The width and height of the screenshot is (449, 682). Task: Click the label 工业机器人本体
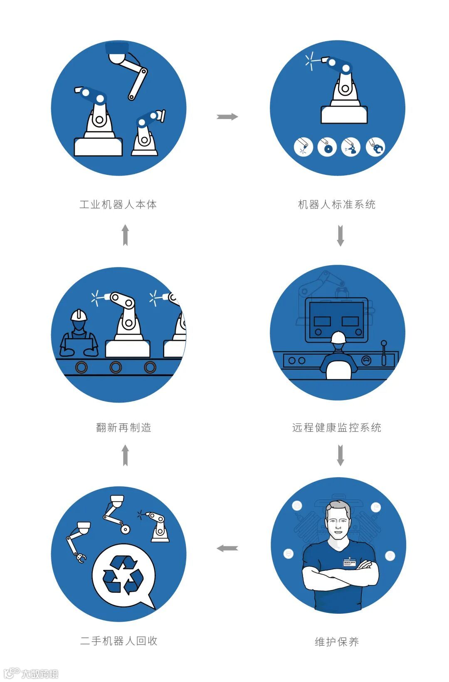[118, 204]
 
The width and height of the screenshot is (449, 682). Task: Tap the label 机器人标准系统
[337, 204]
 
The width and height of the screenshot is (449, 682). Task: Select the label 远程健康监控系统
[337, 428]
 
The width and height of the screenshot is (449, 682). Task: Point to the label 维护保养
[337, 642]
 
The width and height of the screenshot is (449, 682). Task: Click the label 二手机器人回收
[119, 641]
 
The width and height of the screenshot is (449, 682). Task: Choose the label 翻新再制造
[124, 428]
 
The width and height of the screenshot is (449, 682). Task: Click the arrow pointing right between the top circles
[227, 117]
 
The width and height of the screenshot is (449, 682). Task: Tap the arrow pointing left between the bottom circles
[227, 548]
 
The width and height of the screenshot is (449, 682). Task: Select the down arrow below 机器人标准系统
[340, 236]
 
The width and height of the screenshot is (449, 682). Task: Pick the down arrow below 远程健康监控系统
[340, 455]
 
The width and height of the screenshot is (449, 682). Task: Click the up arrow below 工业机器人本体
[125, 235]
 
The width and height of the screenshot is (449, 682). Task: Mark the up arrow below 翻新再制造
[125, 455]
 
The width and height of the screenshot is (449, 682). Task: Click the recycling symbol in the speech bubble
[123, 575]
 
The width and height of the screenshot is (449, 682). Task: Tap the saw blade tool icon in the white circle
[327, 147]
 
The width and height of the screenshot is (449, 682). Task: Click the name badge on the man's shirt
[350, 563]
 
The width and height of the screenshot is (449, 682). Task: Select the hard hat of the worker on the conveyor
[79, 315]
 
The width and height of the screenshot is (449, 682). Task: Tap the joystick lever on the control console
[384, 352]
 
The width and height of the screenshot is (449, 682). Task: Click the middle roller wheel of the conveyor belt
[116, 367]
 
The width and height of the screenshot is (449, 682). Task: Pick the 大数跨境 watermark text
[40, 673]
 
